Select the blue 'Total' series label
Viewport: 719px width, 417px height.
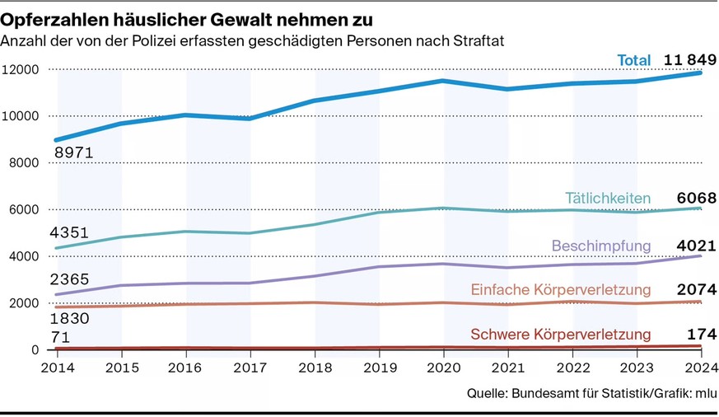click(x=634, y=59)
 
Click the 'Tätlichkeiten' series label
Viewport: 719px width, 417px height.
click(x=608, y=198)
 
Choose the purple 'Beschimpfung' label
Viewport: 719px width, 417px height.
click(x=601, y=246)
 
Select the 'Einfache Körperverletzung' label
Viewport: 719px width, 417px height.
click(x=561, y=290)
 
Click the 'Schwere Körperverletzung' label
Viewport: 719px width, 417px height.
click(x=561, y=335)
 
